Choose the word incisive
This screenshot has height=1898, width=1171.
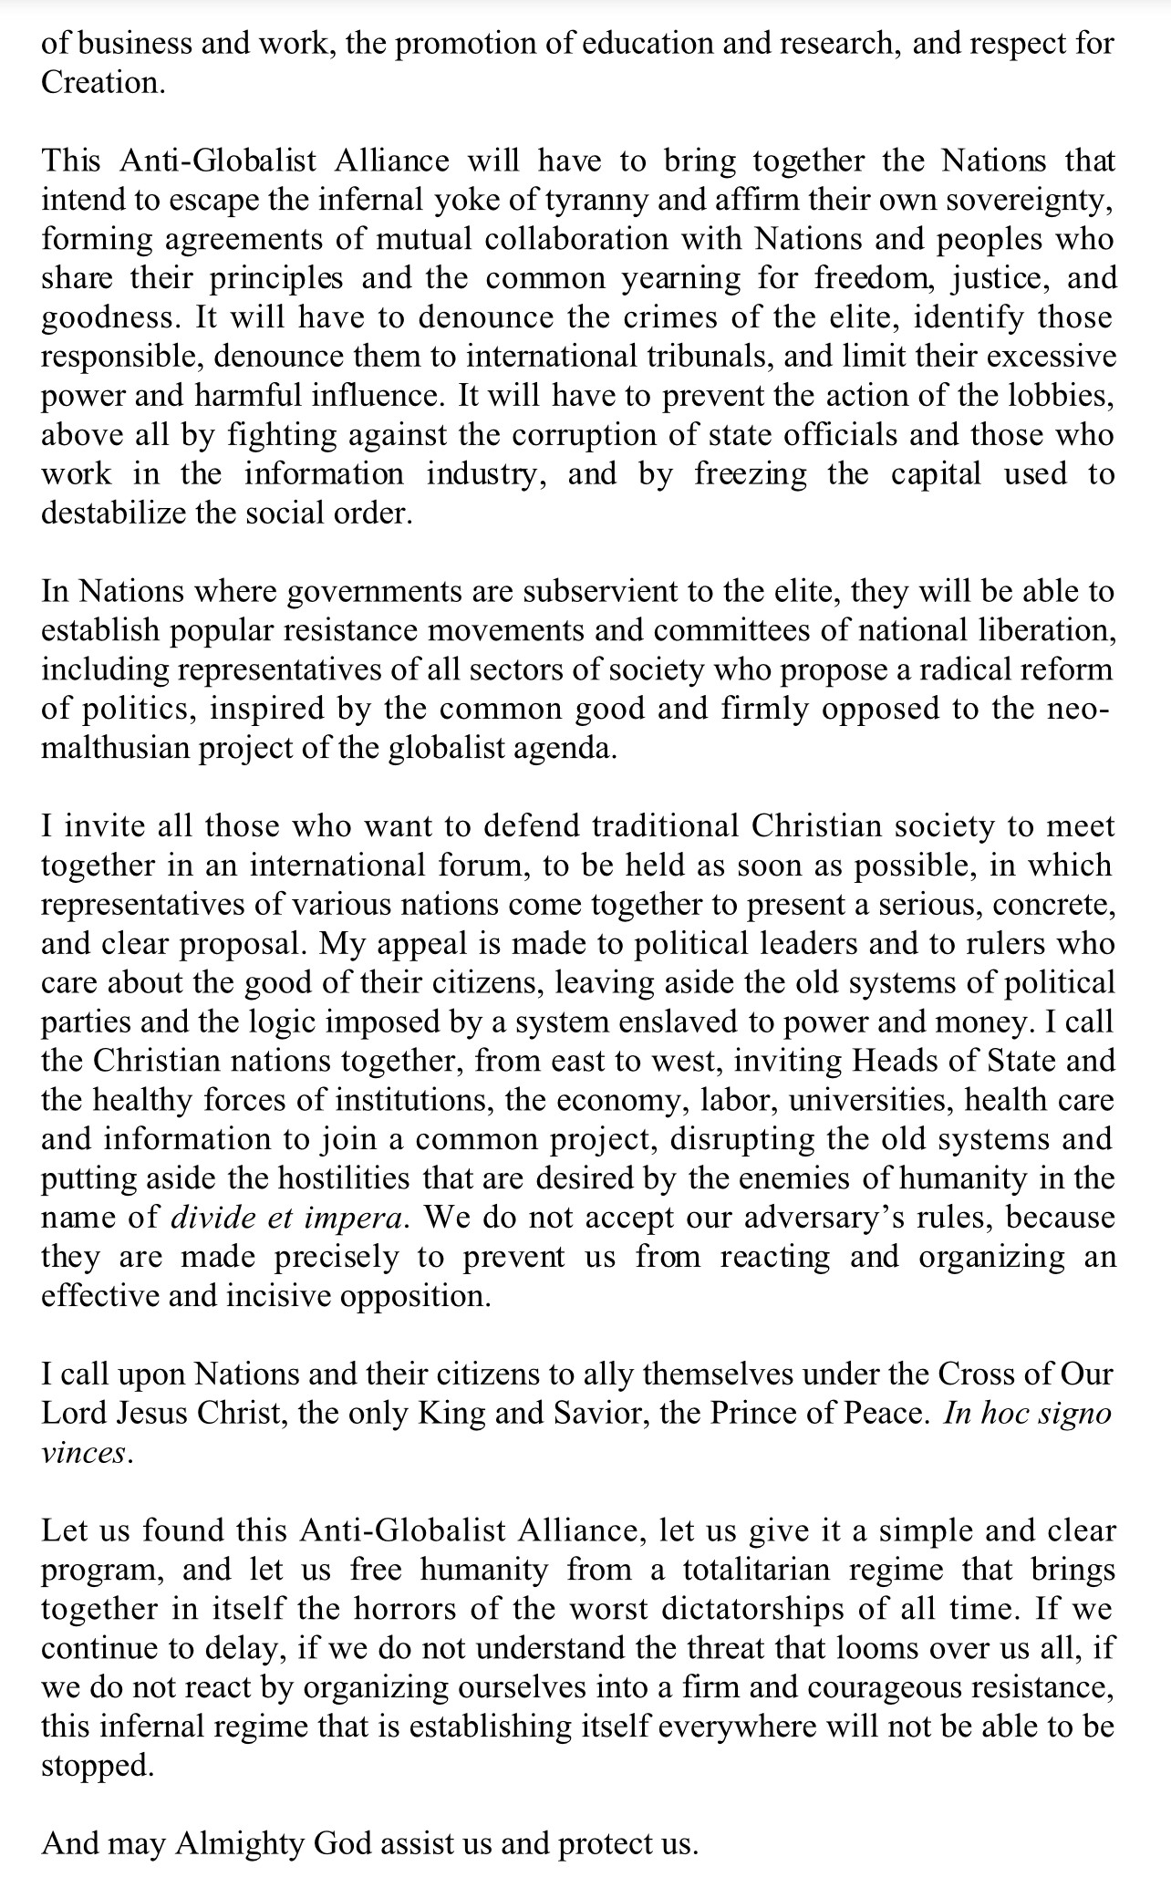(279, 1296)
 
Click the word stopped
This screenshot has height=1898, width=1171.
(96, 1767)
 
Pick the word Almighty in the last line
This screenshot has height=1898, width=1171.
(239, 1844)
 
